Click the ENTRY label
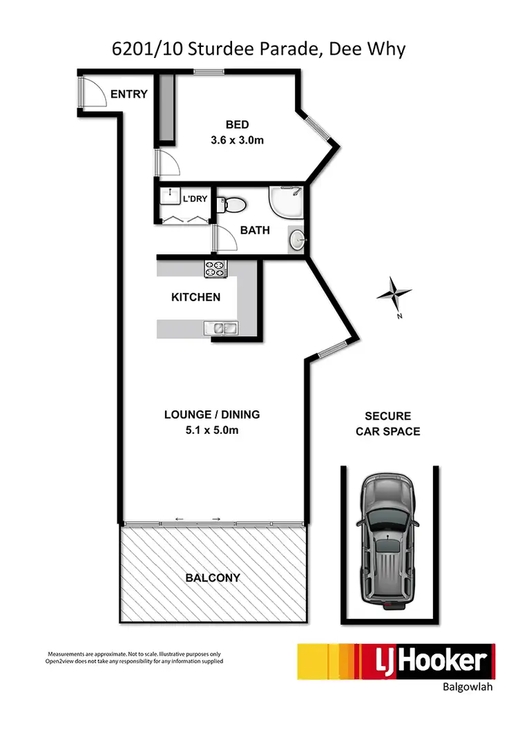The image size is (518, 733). point(129,94)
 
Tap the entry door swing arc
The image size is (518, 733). point(93,93)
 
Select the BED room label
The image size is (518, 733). point(237,124)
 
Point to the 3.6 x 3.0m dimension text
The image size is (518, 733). point(237,140)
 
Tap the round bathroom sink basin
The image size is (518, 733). point(296,240)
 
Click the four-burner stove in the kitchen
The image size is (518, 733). point(215,269)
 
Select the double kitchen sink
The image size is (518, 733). point(220,328)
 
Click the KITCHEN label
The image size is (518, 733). point(195,298)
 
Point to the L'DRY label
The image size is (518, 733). point(194,200)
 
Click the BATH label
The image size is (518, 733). point(255,230)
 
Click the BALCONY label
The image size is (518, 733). point(212,577)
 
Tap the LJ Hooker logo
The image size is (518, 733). point(395,662)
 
